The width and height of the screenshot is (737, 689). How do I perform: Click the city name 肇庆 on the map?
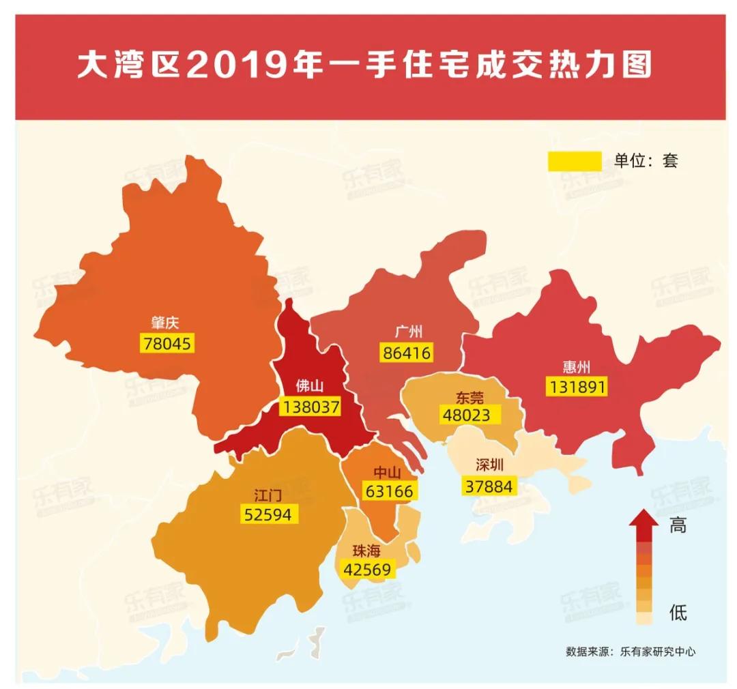[x=165, y=323]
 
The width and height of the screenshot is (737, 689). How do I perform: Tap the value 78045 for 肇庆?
[x=167, y=343]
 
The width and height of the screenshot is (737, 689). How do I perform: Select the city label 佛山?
[x=309, y=387]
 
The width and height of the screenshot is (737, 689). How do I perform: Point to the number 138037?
[x=310, y=407]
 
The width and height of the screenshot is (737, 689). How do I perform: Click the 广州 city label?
[x=409, y=332]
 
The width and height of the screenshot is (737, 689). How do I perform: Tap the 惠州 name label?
[x=575, y=366]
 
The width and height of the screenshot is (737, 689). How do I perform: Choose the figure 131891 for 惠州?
[x=576, y=387]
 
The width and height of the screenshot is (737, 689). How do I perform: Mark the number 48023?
[x=467, y=415]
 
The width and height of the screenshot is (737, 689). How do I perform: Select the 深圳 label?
[x=489, y=466]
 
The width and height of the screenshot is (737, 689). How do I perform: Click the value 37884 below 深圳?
[x=489, y=486]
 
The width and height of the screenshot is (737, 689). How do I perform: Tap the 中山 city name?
[x=387, y=472]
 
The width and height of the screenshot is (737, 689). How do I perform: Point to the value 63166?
[x=387, y=491]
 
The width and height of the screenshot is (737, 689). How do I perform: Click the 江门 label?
[x=268, y=495]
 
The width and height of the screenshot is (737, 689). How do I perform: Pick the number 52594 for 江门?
[x=268, y=514]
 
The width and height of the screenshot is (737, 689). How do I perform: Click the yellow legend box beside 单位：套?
[x=574, y=161]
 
